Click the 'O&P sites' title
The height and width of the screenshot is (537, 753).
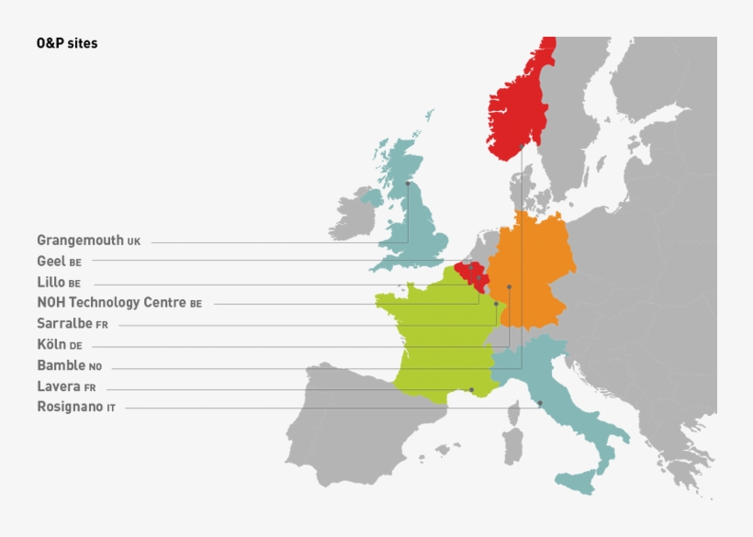(67, 43)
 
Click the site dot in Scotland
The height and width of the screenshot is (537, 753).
(408, 183)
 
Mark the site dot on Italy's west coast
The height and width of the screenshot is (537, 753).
(540, 403)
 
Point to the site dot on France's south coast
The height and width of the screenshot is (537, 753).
(472, 390)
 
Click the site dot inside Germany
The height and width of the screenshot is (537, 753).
(509, 287)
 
